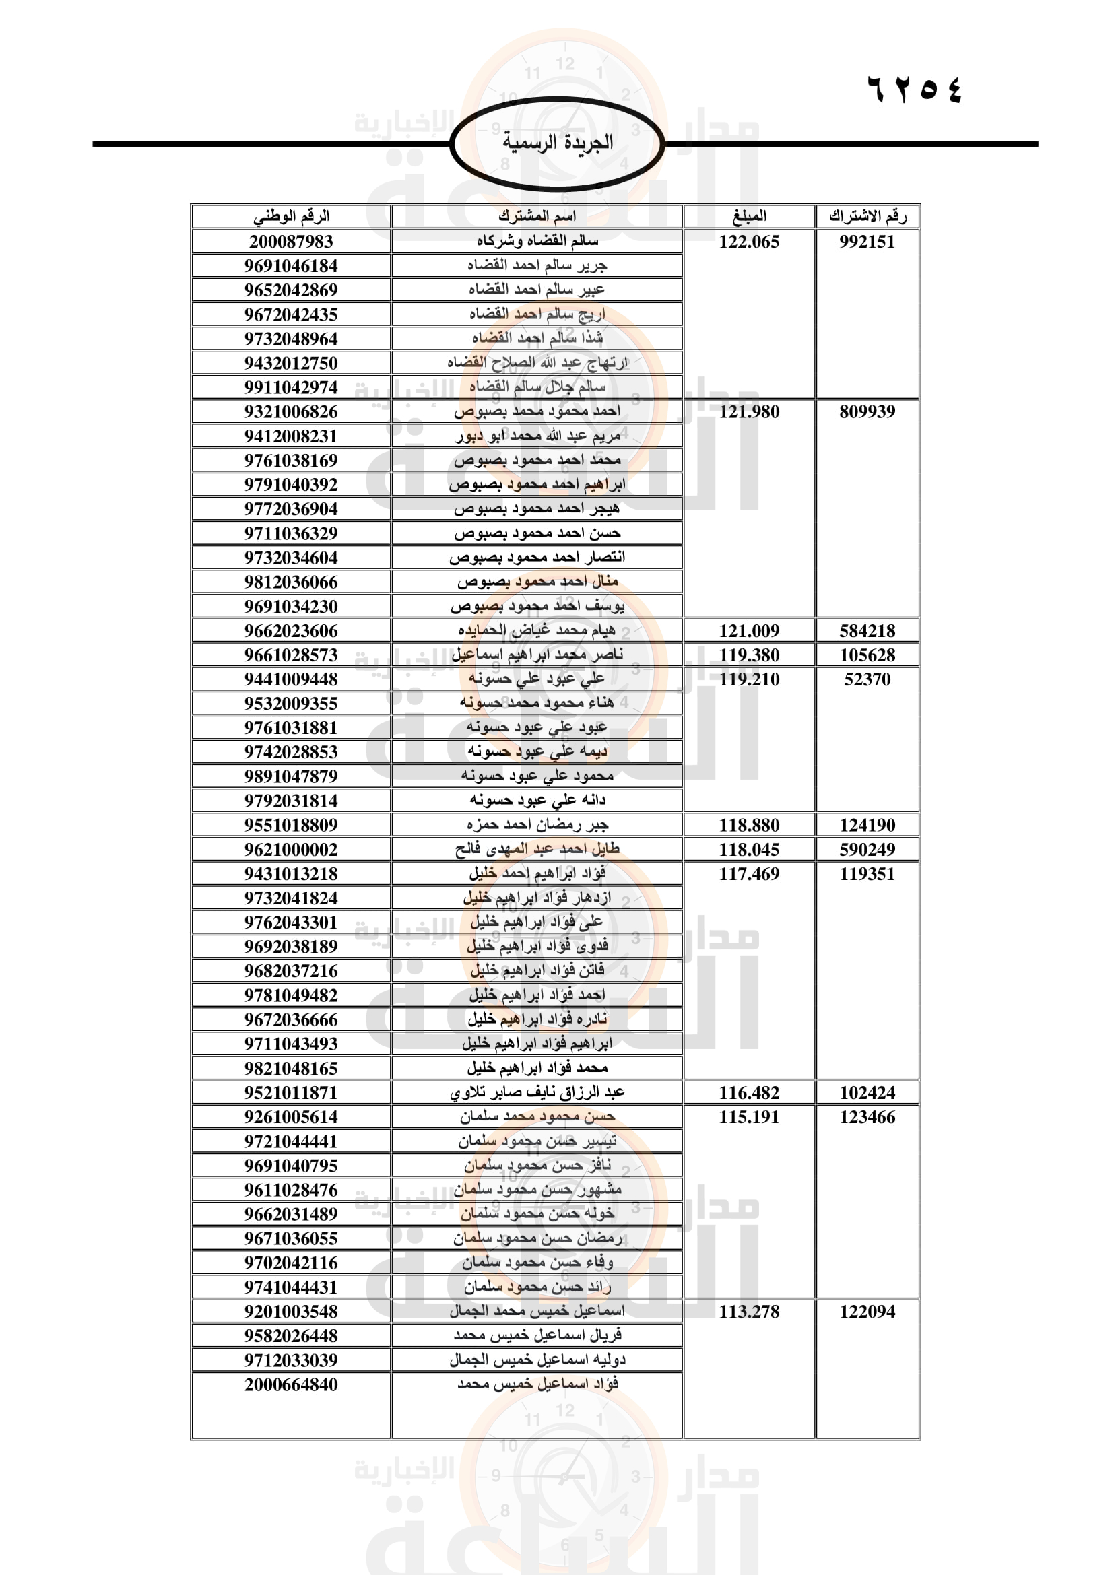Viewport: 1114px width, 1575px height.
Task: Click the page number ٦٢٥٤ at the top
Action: click(915, 90)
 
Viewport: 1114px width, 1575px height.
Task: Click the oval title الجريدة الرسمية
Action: click(557, 143)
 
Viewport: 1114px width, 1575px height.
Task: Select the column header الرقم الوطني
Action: click(291, 216)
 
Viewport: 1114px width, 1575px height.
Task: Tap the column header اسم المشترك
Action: click(537, 216)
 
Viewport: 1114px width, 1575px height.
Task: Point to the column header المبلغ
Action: click(749, 216)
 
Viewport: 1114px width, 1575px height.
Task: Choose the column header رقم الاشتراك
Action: click(867, 216)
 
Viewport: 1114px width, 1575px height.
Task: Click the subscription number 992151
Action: click(867, 242)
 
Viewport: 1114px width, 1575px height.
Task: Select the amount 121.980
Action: click(749, 411)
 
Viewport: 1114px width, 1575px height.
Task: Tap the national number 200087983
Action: click(291, 242)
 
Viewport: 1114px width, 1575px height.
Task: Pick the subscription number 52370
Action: click(867, 679)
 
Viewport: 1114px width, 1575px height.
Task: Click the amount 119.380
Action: click(749, 655)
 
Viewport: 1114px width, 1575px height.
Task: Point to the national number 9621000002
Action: click(291, 849)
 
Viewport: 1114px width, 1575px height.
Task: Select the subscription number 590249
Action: click(867, 849)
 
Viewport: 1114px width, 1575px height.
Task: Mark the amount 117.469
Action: click(749, 874)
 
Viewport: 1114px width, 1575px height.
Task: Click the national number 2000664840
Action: click(291, 1384)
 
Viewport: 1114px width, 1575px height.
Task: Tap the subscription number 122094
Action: click(867, 1312)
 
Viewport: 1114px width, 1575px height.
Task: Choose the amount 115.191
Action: click(749, 1116)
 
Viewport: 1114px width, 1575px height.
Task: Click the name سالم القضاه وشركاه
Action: click(537, 241)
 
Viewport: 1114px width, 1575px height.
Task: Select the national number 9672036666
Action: click(291, 1019)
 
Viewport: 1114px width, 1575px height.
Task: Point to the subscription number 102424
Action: click(867, 1093)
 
